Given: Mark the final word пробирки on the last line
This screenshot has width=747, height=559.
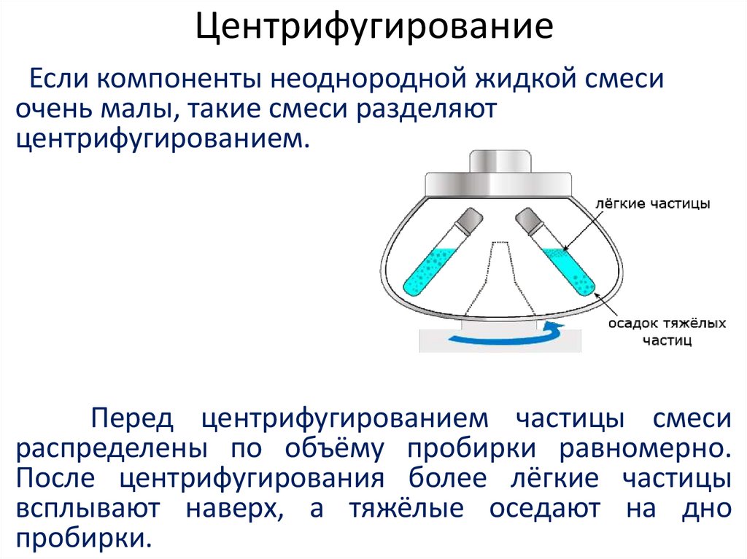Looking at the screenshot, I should point(82,539).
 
